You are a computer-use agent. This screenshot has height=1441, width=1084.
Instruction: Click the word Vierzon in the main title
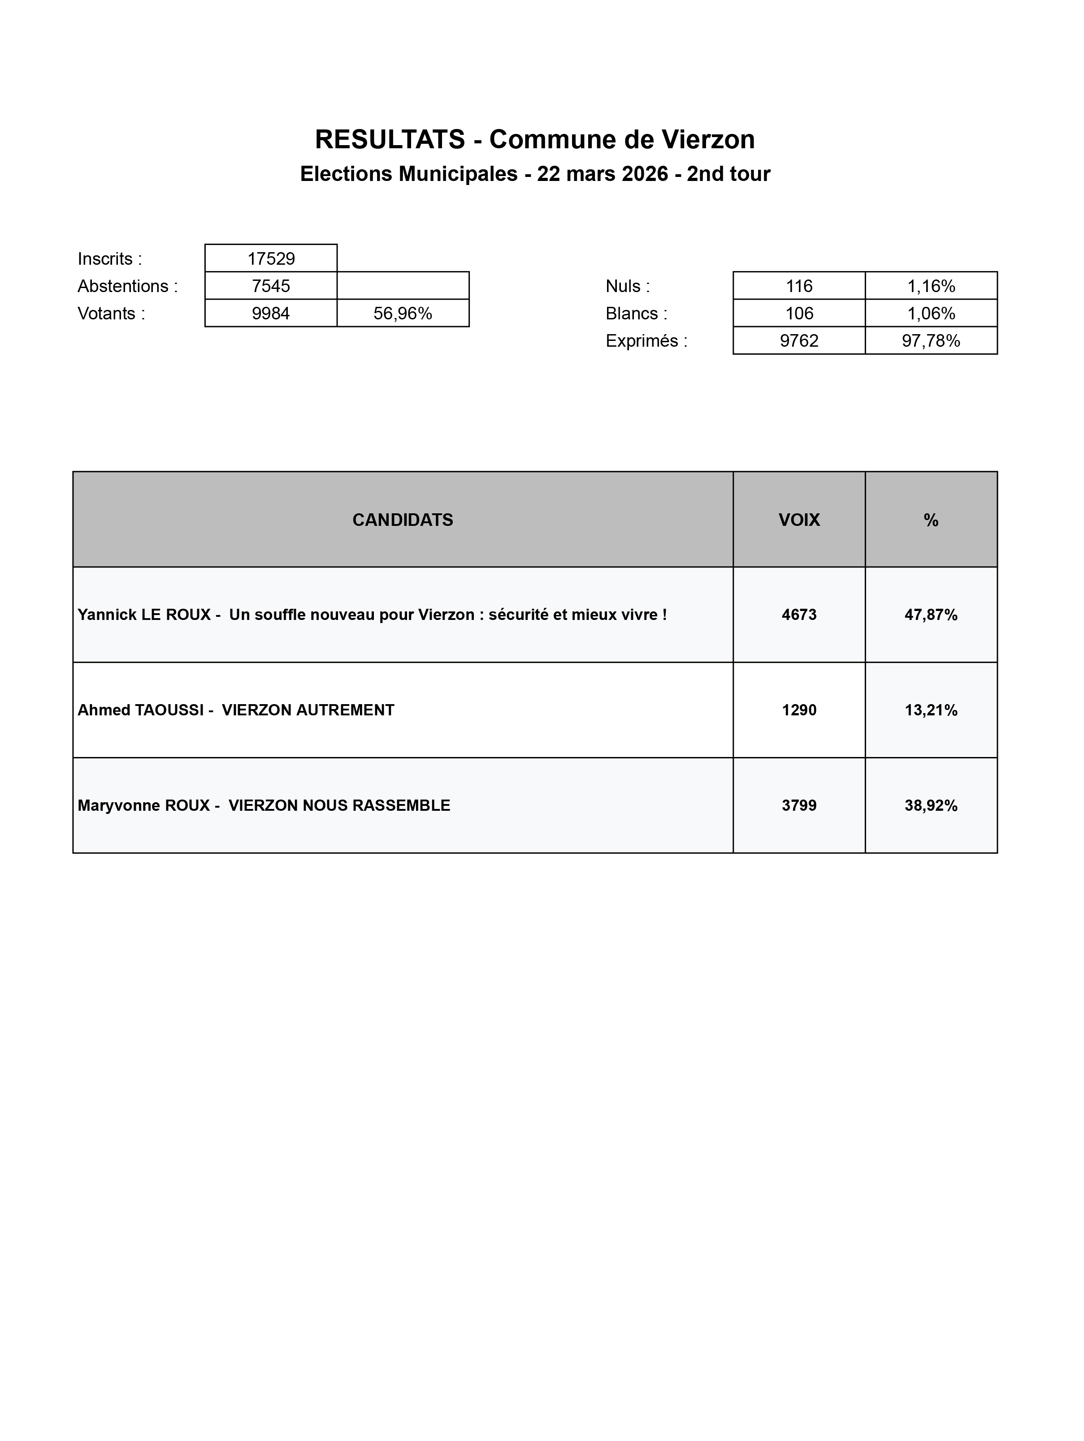[x=708, y=139]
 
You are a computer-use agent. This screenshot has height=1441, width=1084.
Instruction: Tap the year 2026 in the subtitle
[x=644, y=174]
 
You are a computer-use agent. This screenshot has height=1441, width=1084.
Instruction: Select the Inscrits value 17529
[x=271, y=258]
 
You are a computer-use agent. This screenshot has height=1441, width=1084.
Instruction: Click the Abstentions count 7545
[x=271, y=286]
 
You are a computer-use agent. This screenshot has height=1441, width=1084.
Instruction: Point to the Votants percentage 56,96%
[x=403, y=314]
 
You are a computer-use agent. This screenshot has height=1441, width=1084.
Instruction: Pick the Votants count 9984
[x=271, y=314]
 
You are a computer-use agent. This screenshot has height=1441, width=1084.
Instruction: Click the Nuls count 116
[x=799, y=286]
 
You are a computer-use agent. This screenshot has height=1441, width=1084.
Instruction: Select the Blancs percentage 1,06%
[x=931, y=314]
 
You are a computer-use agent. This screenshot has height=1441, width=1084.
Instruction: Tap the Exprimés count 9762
[x=799, y=341]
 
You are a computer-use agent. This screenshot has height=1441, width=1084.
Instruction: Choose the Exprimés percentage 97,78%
[x=931, y=341]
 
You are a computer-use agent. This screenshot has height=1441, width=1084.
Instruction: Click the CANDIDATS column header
[x=403, y=520]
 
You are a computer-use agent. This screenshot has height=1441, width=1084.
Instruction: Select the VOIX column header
[x=799, y=520]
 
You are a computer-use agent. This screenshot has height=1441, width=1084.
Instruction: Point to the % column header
[x=931, y=520]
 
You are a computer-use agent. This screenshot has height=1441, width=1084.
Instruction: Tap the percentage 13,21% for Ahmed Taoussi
[x=931, y=710]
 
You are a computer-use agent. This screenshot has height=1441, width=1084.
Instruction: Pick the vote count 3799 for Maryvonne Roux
[x=799, y=806]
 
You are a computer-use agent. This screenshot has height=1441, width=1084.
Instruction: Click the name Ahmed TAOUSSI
[x=141, y=710]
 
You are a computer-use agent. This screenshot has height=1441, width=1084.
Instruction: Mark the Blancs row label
[x=636, y=314]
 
